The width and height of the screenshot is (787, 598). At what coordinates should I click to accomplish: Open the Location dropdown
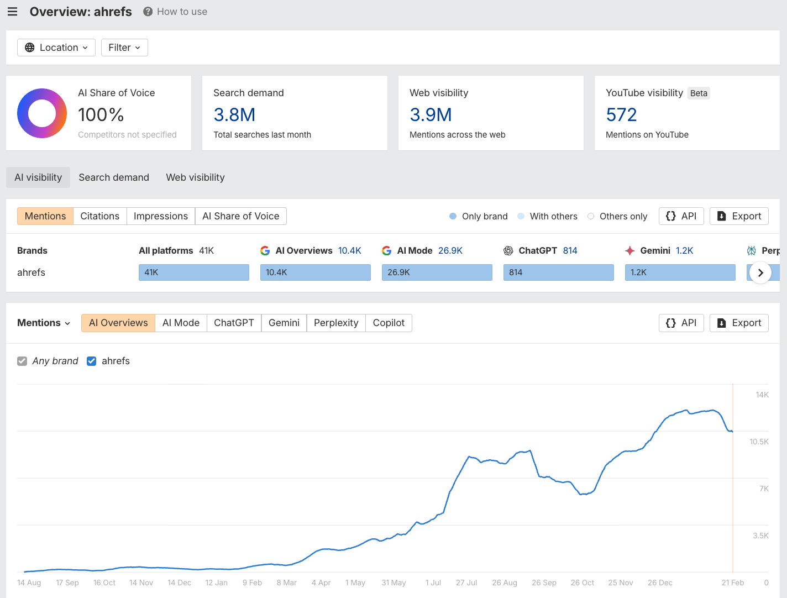pyautogui.click(x=56, y=48)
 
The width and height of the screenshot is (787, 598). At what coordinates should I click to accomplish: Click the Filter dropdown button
pyautogui.click(x=124, y=48)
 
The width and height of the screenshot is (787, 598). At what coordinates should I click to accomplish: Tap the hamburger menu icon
pyautogui.click(x=12, y=12)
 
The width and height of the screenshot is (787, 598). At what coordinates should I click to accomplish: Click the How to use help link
pyautogui.click(x=175, y=12)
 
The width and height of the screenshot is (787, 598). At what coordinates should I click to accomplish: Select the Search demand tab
pyautogui.click(x=114, y=177)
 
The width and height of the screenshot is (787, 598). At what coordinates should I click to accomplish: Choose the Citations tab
pyautogui.click(x=99, y=216)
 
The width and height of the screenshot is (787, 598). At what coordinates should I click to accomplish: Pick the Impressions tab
pyautogui.click(x=161, y=216)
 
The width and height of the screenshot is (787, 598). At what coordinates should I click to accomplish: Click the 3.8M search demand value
pyautogui.click(x=234, y=115)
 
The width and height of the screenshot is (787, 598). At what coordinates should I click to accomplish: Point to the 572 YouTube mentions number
pyautogui.click(x=621, y=115)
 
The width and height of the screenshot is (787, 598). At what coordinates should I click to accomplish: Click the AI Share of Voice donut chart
pyautogui.click(x=42, y=113)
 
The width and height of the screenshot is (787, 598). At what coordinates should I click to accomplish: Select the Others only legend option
pyautogui.click(x=617, y=216)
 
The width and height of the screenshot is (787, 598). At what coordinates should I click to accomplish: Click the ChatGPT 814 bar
pyautogui.click(x=558, y=272)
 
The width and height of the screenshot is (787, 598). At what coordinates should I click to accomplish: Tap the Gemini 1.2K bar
pyautogui.click(x=680, y=272)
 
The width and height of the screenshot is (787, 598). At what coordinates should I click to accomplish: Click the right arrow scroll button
pyautogui.click(x=760, y=272)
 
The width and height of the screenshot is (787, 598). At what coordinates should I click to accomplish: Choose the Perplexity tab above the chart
pyautogui.click(x=336, y=323)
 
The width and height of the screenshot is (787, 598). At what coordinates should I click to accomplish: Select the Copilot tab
pyautogui.click(x=389, y=323)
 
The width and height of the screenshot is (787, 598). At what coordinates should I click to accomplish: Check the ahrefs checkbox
pyautogui.click(x=92, y=361)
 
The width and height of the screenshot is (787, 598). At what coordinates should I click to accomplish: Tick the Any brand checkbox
pyautogui.click(x=22, y=361)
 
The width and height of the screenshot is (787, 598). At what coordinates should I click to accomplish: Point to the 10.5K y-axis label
pyautogui.click(x=759, y=442)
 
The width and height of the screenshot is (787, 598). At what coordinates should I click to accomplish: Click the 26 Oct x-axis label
pyautogui.click(x=582, y=583)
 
